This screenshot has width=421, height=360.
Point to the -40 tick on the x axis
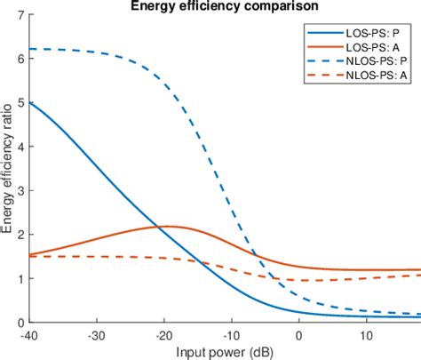click(x=33, y=335)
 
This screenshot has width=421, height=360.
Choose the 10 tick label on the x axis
click(x=365, y=335)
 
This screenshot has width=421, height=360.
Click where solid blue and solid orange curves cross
click(x=161, y=227)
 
